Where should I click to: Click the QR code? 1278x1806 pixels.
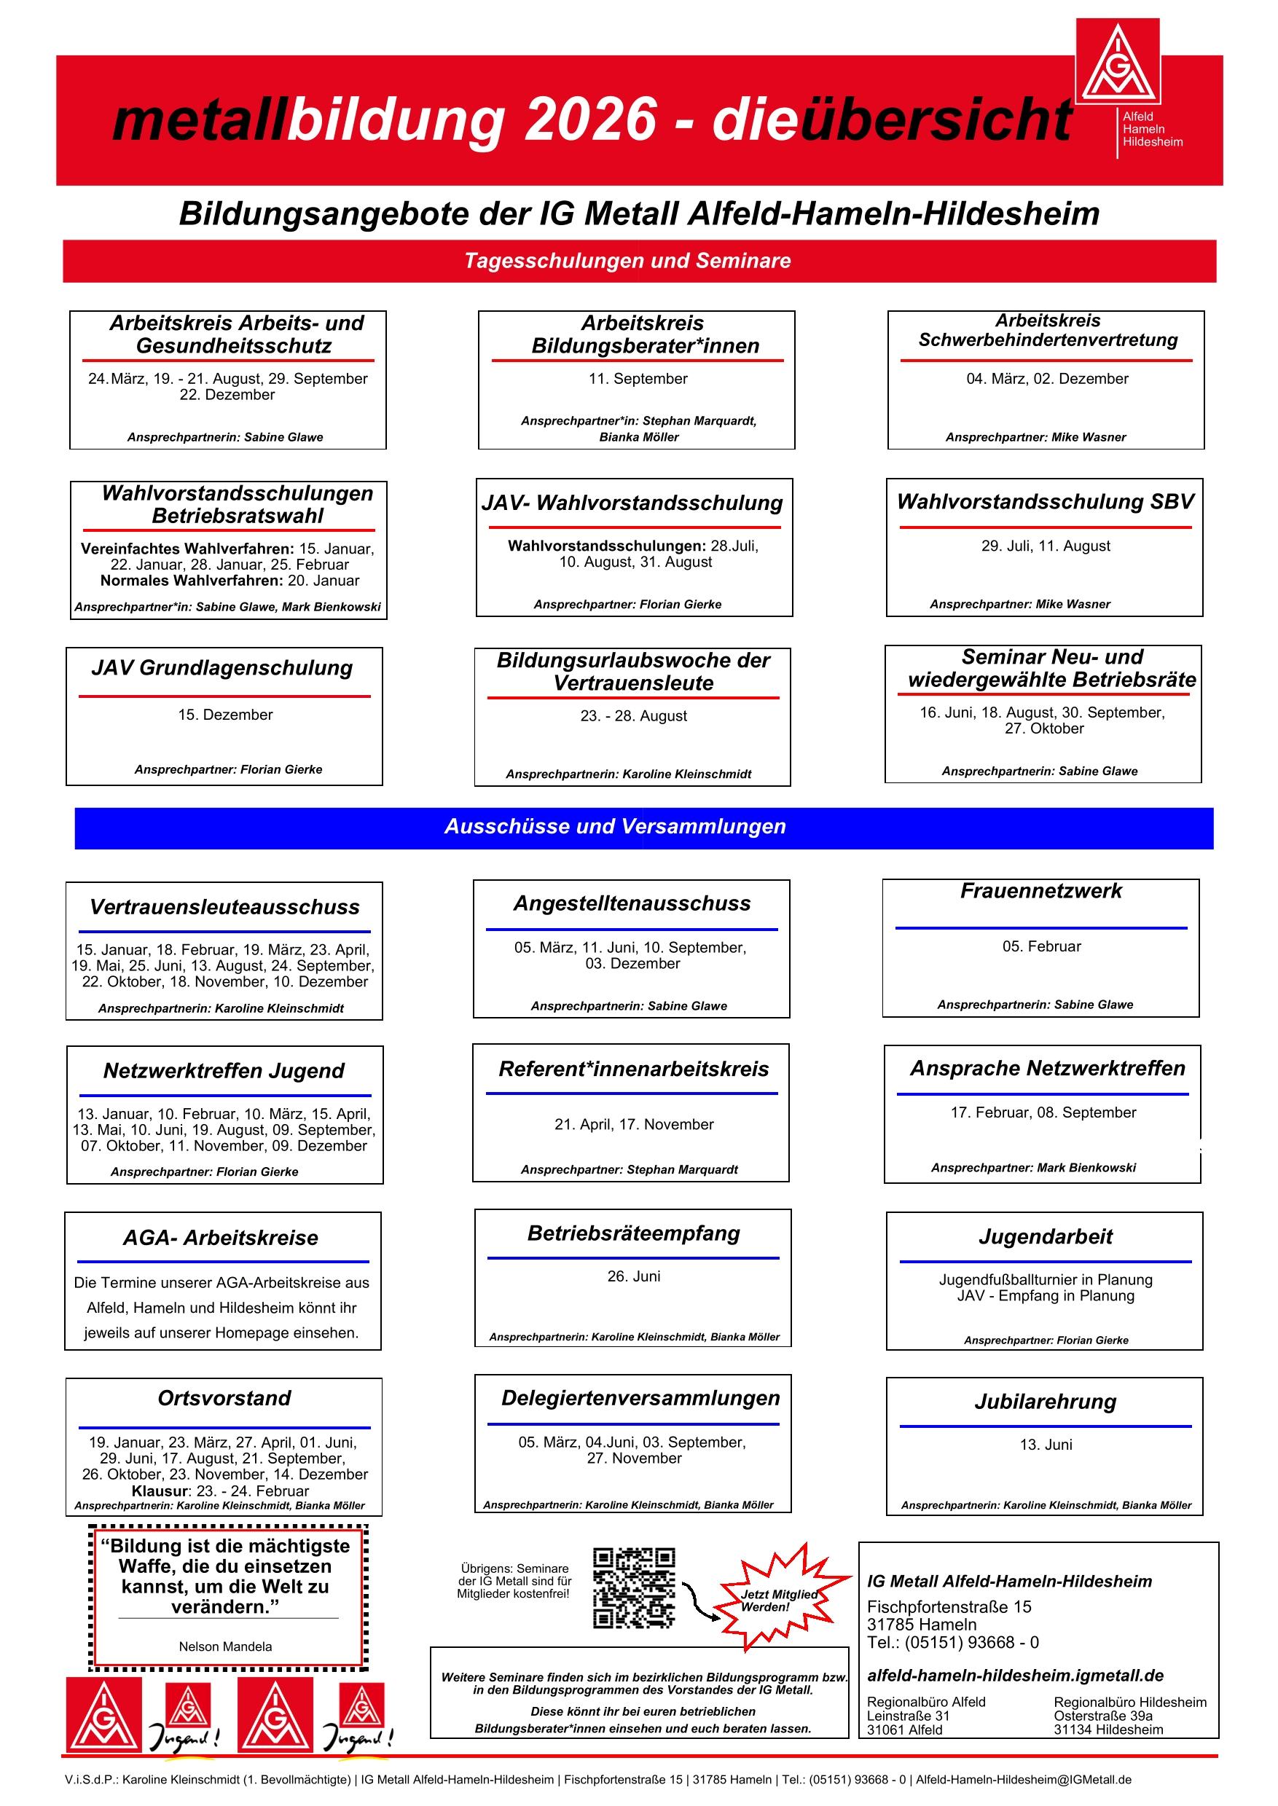(633, 1588)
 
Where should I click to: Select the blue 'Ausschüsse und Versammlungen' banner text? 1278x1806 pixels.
(615, 826)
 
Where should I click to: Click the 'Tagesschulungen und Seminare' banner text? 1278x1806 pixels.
(627, 261)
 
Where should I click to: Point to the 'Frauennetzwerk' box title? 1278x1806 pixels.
(1040, 891)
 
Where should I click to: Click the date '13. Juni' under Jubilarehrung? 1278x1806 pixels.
(1045, 1444)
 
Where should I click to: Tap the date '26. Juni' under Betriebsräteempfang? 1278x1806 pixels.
(633, 1276)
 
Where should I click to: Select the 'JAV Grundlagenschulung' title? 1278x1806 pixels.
(222, 667)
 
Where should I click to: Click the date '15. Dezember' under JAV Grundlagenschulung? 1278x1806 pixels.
(225, 715)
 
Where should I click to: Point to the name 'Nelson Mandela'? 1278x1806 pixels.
(225, 1646)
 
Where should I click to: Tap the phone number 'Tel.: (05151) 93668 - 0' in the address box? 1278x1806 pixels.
(952, 1642)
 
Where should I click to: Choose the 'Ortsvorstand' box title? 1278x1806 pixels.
(224, 1397)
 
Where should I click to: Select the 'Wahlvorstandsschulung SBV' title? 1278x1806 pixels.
(1045, 501)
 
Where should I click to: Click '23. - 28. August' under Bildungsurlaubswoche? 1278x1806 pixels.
(633, 716)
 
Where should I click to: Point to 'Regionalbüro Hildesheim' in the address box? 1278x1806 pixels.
(1129, 1702)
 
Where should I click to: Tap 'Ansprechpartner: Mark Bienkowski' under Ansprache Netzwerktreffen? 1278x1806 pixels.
(1033, 1168)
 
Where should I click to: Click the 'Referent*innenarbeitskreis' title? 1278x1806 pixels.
(633, 1069)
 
